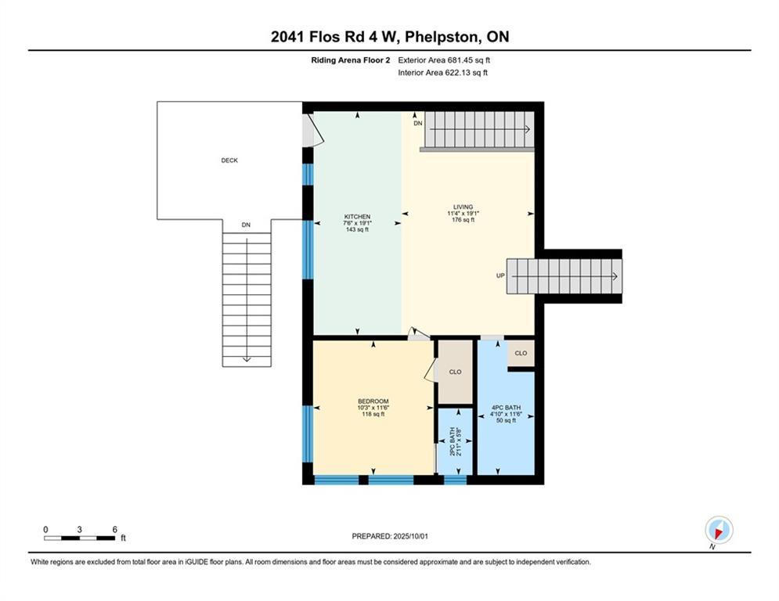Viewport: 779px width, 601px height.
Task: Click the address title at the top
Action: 389,37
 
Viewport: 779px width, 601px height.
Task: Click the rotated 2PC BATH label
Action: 455,441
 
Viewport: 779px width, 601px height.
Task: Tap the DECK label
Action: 229,160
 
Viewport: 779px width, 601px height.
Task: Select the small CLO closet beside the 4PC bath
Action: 521,354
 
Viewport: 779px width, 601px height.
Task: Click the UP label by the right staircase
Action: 500,275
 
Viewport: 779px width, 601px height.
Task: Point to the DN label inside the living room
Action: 418,124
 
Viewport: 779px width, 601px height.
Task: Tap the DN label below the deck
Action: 246,225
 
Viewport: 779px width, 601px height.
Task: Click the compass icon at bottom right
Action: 718,531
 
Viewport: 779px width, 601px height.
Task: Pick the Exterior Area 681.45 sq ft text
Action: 444,59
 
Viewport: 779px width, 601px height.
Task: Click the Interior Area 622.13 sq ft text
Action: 442,73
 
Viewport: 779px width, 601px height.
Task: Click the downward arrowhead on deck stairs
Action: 247,358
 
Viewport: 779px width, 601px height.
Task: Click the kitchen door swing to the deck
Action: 314,130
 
